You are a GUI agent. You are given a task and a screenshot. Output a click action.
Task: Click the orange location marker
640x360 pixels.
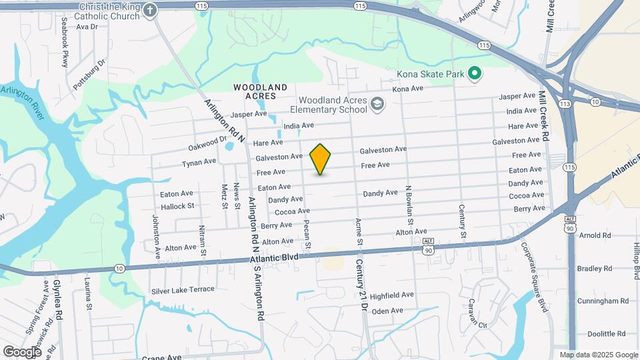[321, 159]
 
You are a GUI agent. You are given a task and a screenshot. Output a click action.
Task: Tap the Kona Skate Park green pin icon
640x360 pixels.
[475, 73]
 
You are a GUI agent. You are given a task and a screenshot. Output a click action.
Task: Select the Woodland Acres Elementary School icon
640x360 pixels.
[377, 103]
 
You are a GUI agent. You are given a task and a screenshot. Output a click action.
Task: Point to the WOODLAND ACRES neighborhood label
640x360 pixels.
[261, 92]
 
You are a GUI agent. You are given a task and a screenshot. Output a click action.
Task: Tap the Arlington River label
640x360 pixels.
[22, 104]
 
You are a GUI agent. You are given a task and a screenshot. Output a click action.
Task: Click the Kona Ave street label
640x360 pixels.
[408, 89]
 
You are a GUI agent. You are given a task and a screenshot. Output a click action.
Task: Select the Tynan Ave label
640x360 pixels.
[199, 162]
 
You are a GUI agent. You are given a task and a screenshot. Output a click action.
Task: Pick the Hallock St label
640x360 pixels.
[177, 207]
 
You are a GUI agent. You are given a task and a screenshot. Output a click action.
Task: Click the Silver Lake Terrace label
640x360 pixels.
[183, 289]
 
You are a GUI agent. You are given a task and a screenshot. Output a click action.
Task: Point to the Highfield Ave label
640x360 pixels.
[392, 295]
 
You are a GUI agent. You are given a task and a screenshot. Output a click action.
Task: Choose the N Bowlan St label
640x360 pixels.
[410, 205]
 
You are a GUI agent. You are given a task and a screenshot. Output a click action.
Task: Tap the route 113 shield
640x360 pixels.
[565, 104]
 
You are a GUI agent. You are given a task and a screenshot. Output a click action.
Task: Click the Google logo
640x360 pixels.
[22, 351]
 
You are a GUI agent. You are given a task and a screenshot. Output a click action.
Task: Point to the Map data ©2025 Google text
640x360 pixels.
[598, 355]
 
